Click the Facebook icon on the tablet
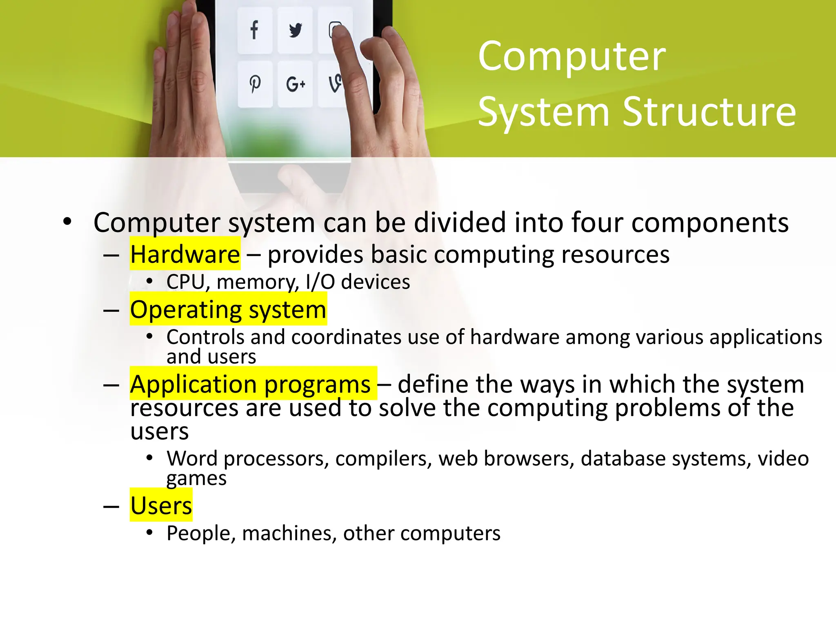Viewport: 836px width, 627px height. point(254,30)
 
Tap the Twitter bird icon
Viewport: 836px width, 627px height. point(295,30)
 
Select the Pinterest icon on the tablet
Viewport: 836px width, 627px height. point(255,84)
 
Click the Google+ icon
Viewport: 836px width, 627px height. point(296,84)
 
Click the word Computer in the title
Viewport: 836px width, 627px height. point(571,57)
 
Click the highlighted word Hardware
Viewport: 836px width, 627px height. point(185,255)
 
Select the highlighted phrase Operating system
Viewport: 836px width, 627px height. point(228,309)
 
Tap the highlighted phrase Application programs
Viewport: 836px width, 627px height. point(250,384)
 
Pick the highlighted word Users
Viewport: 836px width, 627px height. point(161,506)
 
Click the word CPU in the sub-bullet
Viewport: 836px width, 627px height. point(186,282)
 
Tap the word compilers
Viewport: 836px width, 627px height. point(383,458)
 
